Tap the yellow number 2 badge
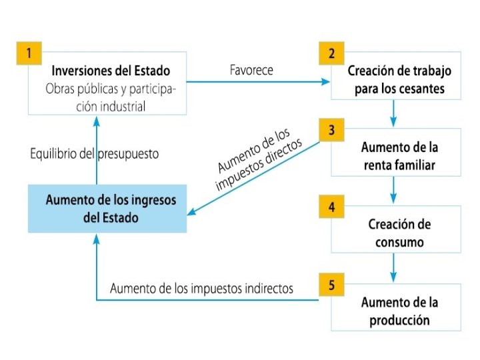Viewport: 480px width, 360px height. click(x=331, y=54)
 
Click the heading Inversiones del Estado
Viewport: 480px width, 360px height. click(x=111, y=71)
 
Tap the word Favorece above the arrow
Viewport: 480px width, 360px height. click(x=251, y=70)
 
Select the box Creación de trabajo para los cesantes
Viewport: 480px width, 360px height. click(x=399, y=79)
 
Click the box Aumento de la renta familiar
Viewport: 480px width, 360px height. click(x=399, y=155)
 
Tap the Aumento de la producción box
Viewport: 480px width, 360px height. click(x=399, y=311)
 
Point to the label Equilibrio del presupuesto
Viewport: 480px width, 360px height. click(x=95, y=154)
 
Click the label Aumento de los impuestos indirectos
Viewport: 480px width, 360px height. click(x=201, y=289)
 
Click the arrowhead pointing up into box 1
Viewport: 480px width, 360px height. click(x=97, y=121)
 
